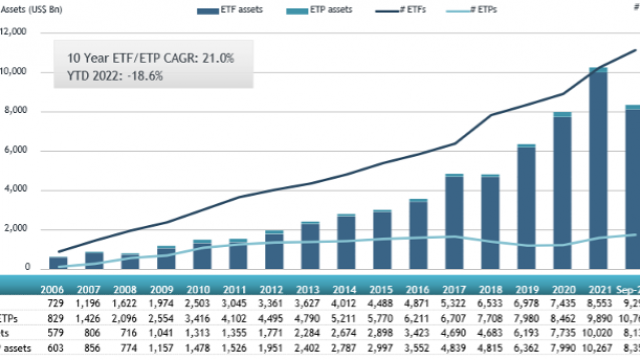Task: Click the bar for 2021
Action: tap(598, 170)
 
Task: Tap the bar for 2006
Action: tap(59, 263)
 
